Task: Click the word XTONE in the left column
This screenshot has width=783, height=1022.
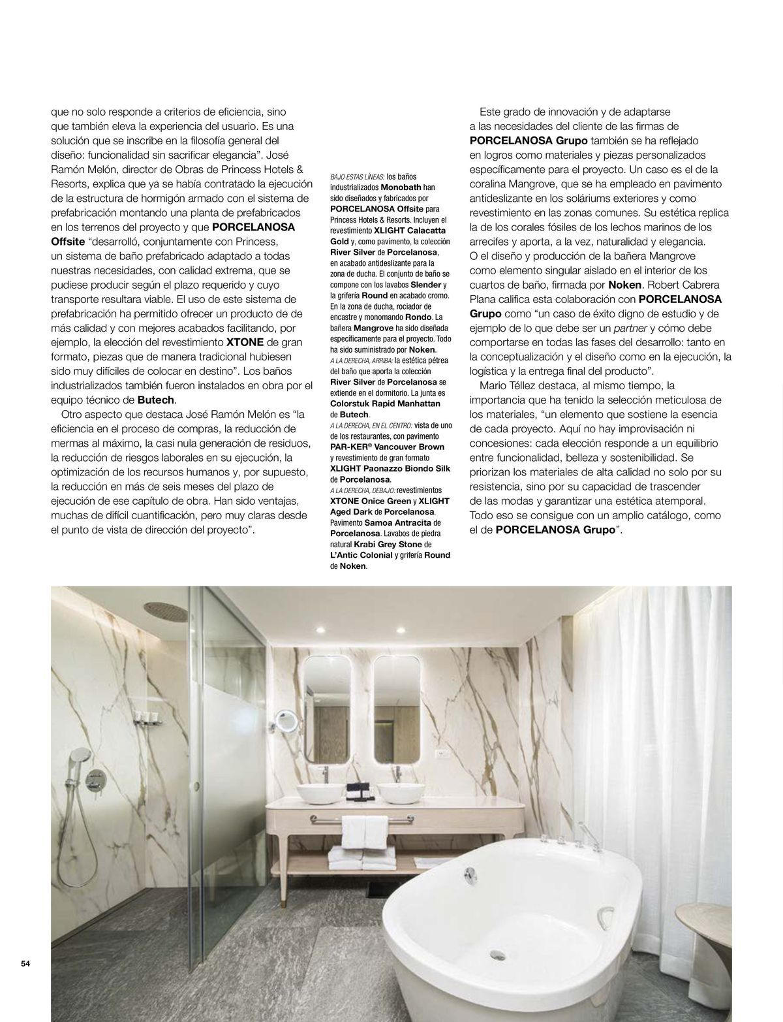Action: pos(245,342)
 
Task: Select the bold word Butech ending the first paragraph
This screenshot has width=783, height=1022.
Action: pos(157,400)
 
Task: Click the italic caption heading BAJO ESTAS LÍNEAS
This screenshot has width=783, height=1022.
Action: pos(358,176)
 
